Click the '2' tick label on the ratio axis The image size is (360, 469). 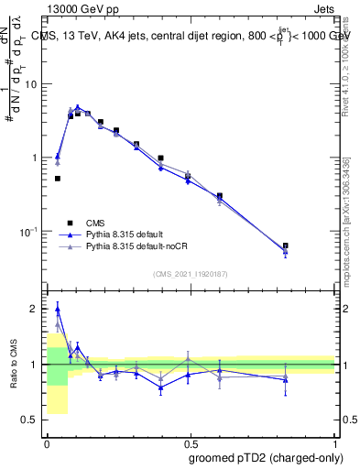36,309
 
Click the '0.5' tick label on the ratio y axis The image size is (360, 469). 31,420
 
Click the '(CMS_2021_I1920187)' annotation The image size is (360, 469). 191,274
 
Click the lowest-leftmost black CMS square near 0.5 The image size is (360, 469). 57,179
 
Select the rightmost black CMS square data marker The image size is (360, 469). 286,245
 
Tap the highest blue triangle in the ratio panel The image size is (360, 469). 57,310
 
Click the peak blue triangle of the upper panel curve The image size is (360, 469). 78,107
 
